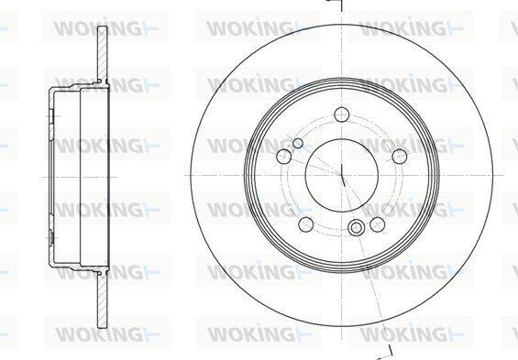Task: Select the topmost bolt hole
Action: [342, 115]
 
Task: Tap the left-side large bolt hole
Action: [284, 156]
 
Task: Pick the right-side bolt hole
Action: [400, 156]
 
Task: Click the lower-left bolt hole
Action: [306, 224]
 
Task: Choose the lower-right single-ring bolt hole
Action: [377, 224]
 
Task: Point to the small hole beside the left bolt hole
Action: [298, 143]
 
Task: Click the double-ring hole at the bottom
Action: [356, 228]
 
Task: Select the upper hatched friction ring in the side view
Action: [103, 53]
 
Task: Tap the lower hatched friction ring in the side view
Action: [103, 301]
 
